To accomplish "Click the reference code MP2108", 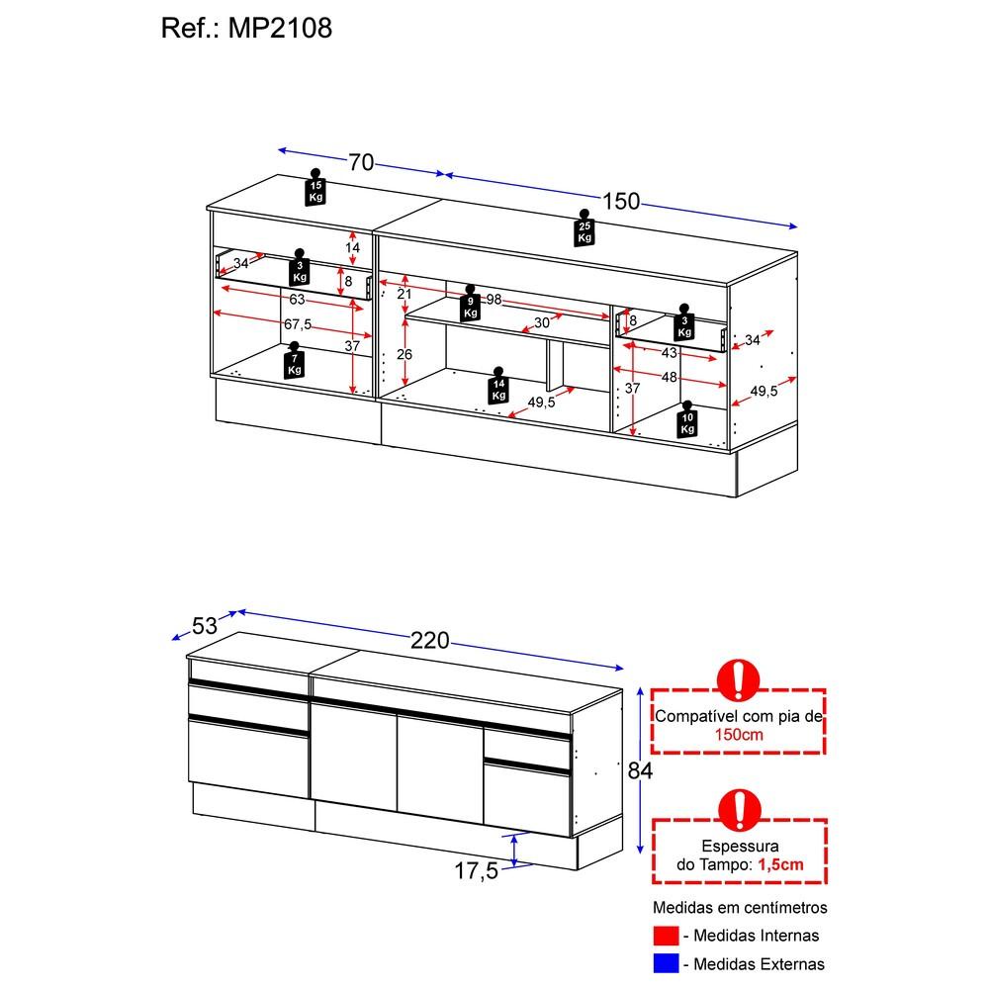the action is point(280,28).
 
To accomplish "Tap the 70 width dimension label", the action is point(361,163).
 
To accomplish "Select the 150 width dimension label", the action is point(621,201).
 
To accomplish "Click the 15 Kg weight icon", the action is point(315,187).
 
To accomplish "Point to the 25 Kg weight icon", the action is point(584,227).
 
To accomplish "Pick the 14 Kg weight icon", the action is point(498,386).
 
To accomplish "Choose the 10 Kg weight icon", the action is point(687,419).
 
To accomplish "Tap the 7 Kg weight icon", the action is point(294,361).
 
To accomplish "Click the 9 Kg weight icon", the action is point(471,304).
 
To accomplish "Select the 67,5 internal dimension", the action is point(298,324).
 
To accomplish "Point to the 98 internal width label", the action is point(494,299).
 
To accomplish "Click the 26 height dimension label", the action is point(405,354).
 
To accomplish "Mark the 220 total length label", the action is point(430,641).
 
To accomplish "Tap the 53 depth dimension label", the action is point(205,626).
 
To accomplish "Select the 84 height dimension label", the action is point(640,770).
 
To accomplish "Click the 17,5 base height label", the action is point(477,871).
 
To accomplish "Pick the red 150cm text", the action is point(739,735).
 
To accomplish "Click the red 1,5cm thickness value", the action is point(781,864).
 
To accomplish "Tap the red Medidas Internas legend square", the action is point(666,936).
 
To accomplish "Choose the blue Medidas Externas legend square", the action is point(666,963).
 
